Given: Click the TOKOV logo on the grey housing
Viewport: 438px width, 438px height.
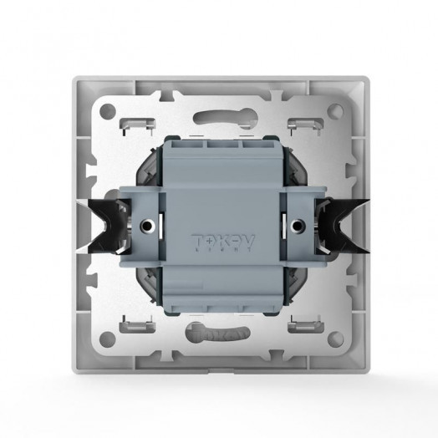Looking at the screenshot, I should pyautogui.click(x=219, y=238).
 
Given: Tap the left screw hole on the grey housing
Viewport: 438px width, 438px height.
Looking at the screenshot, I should pyautogui.click(x=150, y=225).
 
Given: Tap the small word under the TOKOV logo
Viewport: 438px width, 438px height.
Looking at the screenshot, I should pyautogui.click(x=219, y=250).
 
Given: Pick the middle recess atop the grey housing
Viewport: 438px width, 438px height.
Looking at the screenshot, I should pyautogui.click(x=218, y=146).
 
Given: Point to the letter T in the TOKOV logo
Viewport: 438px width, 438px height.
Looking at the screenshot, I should pyautogui.click(x=198, y=238).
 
